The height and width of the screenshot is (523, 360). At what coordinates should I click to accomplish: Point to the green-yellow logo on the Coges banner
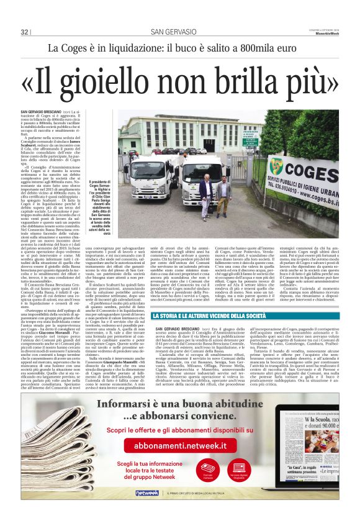point(276,166)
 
